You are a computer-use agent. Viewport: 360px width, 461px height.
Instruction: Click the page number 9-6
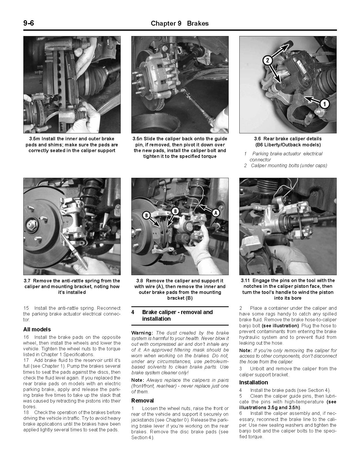pyautogui.click(x=29, y=23)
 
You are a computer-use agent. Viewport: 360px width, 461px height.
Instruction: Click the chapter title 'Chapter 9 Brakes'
pyautogui.click(x=180, y=23)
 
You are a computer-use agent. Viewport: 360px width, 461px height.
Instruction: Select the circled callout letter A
pyautogui.click(x=215, y=213)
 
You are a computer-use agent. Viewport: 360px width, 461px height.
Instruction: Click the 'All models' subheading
pyautogui.click(x=37, y=329)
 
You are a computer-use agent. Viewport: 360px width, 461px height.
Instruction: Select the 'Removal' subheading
pyautogui.click(x=143, y=400)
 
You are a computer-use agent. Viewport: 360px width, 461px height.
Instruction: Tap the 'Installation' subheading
pyautogui.click(x=253, y=382)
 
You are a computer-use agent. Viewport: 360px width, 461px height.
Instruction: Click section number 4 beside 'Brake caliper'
pyautogui.click(x=133, y=312)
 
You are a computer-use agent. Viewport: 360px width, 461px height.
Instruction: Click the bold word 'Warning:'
pyautogui.click(x=142, y=333)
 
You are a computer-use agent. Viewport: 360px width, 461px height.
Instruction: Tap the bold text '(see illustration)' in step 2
pyautogui.click(x=280, y=326)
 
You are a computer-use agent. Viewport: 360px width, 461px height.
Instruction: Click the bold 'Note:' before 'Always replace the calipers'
pyautogui.click(x=137, y=380)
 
